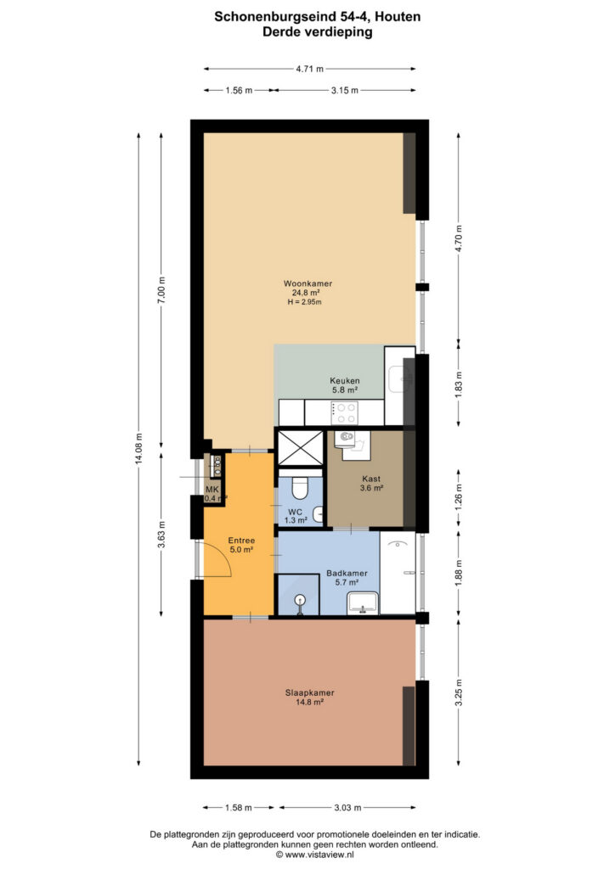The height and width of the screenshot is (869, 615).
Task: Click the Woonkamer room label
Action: pos(307,283)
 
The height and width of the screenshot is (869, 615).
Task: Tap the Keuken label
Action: pos(344,381)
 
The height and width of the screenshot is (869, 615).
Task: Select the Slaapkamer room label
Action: pos(309,692)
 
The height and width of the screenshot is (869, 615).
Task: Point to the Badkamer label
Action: pos(347,573)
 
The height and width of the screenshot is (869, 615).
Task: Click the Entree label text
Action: pos(241,541)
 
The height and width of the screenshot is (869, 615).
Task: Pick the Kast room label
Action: pos(371,479)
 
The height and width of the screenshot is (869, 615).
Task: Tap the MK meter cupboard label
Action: pos(212,490)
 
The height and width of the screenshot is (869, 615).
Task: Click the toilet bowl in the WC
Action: pos(300,488)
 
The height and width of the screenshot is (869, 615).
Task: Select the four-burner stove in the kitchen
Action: pos(344,413)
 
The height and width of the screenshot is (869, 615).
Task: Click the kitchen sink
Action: pos(400,378)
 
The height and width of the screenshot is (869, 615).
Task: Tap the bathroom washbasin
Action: pos(363,603)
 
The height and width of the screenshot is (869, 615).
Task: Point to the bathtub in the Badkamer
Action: pos(398,573)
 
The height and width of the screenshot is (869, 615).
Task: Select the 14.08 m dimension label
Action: pos(138,450)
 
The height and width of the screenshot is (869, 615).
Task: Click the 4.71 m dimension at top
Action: pos(309,69)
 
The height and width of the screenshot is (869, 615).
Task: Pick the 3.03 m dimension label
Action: pos(347,808)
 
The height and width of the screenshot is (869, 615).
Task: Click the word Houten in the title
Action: pos(398,17)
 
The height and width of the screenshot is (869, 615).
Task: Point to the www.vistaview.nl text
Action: pos(319,855)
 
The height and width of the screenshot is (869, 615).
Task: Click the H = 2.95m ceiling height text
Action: pos(304,302)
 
